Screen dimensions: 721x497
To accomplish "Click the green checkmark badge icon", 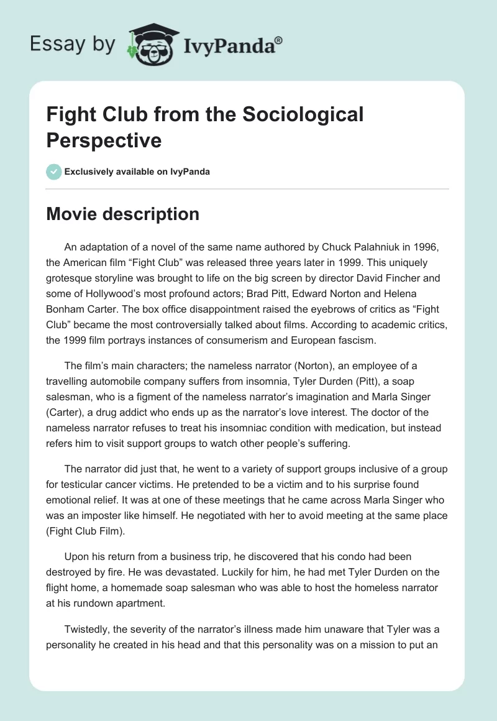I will (x=54, y=172).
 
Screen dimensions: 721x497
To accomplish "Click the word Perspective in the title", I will (x=104, y=140).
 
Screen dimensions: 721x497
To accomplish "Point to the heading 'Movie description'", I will (x=122, y=214).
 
